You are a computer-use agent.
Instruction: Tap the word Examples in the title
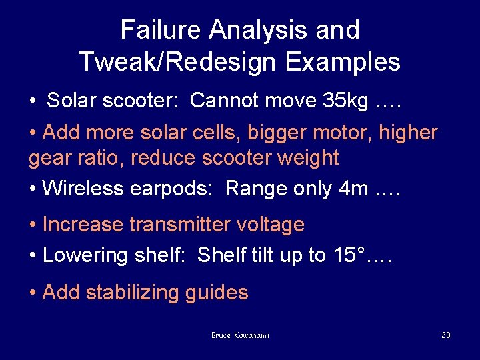[343, 62]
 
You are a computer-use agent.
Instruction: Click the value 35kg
[341, 101]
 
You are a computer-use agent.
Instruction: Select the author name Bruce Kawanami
[240, 335]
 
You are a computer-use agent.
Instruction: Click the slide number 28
[446, 335]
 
